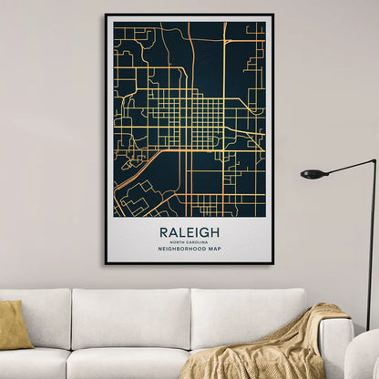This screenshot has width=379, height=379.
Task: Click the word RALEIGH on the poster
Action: tap(189, 232)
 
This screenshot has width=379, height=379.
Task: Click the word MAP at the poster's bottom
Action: tap(215, 249)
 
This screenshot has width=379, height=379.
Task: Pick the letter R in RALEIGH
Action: tap(164, 232)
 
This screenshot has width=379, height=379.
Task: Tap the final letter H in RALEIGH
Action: tap(215, 232)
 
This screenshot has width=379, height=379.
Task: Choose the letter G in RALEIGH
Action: tap(204, 232)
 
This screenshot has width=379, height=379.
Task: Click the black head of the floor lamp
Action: tap(313, 173)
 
